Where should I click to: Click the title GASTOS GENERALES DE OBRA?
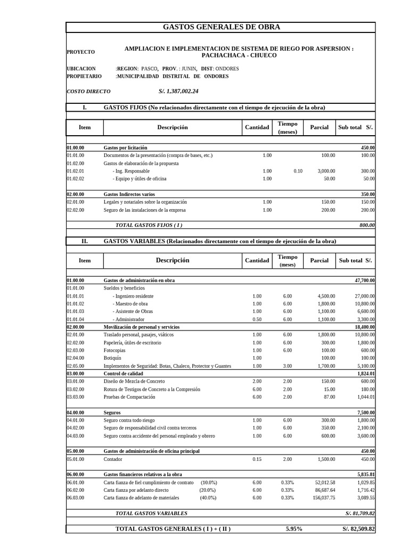point(220,27)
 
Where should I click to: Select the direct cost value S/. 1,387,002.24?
point(178,92)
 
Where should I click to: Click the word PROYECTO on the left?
point(81,52)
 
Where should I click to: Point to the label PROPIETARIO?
point(84,77)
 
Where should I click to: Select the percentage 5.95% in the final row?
point(293,529)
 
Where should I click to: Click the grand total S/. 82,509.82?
point(358,529)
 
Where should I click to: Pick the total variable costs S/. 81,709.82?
point(360,514)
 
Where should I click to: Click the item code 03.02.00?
point(75,389)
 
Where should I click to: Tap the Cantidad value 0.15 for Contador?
point(257,459)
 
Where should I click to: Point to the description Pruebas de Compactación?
point(133,397)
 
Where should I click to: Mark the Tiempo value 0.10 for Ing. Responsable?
point(298,171)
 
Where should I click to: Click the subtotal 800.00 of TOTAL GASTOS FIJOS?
point(366,225)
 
